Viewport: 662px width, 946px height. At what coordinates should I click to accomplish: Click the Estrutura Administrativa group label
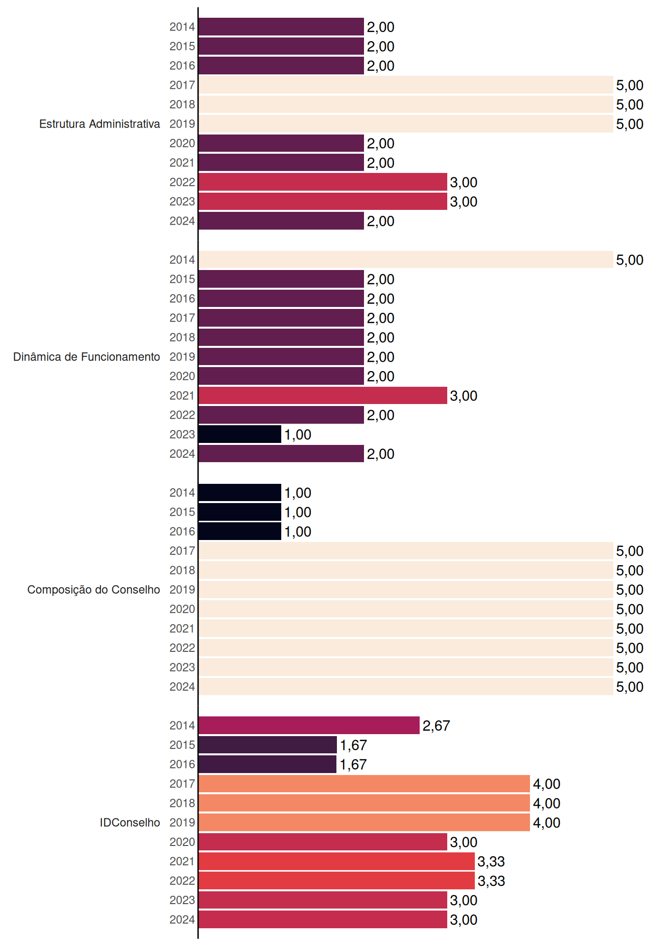pos(99,124)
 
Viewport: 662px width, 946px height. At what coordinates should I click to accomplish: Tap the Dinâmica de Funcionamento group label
pos(87,357)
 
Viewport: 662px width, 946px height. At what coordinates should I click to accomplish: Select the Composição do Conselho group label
pos(94,590)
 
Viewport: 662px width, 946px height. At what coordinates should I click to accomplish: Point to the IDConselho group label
pos(130,822)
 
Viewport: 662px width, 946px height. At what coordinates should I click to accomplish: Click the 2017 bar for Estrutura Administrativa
pos(406,85)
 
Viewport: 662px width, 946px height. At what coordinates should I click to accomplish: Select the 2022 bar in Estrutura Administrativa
pos(323,182)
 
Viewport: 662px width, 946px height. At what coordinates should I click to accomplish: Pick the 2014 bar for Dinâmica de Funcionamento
pos(406,260)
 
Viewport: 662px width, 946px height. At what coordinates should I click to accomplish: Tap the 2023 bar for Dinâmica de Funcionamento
pos(240,434)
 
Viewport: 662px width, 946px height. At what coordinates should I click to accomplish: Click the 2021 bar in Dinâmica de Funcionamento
pos(323,395)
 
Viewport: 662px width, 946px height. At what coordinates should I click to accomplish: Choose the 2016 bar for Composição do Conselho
pos(240,531)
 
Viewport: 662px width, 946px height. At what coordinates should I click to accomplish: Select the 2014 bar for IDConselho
pos(309,725)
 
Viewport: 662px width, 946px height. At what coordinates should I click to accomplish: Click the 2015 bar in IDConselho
pos(268,744)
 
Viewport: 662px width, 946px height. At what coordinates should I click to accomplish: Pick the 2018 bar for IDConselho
pos(364,803)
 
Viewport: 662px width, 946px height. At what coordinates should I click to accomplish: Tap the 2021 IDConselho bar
pos(337,861)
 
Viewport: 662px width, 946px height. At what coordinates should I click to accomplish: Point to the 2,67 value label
pos(436,726)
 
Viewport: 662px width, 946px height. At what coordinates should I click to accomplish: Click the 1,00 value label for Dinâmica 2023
pos(298,435)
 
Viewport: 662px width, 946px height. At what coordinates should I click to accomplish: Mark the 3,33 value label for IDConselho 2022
pos(492,881)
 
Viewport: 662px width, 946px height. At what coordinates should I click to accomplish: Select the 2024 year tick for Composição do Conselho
pos(182,687)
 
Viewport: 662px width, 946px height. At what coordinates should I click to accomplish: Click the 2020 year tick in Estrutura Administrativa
pos(182,143)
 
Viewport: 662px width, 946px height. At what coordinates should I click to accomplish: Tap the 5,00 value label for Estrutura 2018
pos(630,104)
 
